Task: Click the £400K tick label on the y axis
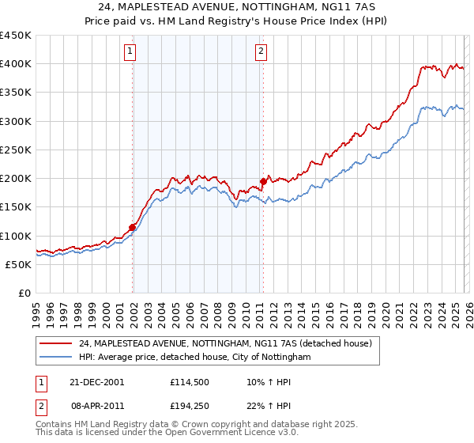tap(16, 64)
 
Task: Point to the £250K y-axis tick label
tap(16, 150)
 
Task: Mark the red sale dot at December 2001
tap(133, 228)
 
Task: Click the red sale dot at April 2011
tap(263, 182)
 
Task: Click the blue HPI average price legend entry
tap(194, 358)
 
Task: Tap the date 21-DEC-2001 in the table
tap(96, 381)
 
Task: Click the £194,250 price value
tap(188, 407)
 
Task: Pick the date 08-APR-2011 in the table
tap(96, 407)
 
